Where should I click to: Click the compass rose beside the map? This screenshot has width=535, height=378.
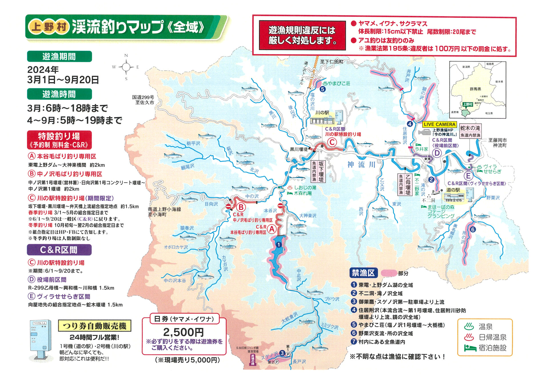[x=126, y=67]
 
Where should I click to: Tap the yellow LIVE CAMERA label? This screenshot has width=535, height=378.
[x=439, y=124]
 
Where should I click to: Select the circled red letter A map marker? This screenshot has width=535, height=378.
[x=272, y=229]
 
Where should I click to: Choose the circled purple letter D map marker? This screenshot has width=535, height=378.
[x=437, y=153]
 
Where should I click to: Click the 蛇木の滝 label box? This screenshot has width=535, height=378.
[x=470, y=131]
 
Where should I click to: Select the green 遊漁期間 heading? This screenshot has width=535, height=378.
[x=59, y=57]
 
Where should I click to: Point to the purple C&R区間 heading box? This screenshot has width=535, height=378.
[x=59, y=250]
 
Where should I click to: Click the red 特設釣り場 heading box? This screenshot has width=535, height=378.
[x=59, y=140]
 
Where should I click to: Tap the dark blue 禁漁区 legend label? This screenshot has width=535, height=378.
[x=363, y=273]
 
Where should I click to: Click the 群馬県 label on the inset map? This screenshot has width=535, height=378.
[x=475, y=89]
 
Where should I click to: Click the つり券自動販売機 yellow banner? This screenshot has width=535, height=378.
[x=94, y=326]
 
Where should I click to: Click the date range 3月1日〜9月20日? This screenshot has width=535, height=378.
[x=63, y=80]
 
